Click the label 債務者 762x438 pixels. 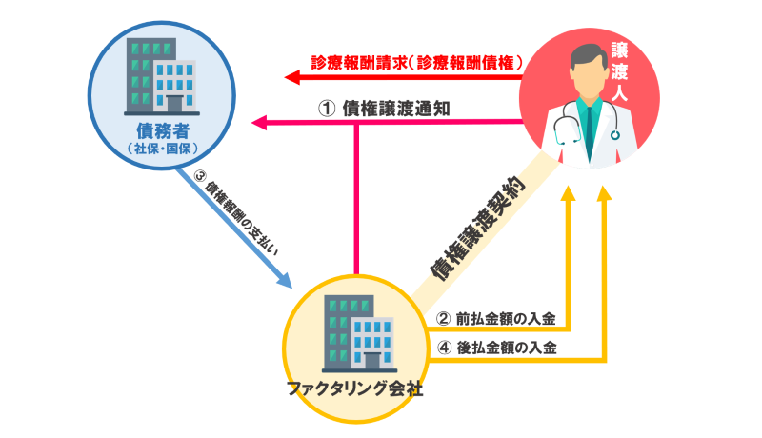pos(152,130)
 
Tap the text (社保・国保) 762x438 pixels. pos(152,148)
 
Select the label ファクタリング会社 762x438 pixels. pos(354,388)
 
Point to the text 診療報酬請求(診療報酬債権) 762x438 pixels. pos(418,62)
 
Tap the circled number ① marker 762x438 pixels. pos(326,109)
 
